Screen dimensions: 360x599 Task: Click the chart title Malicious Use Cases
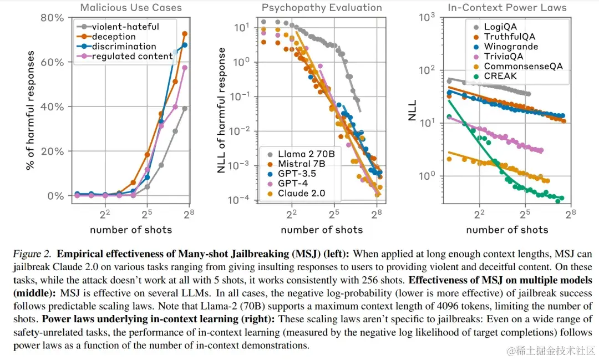131,8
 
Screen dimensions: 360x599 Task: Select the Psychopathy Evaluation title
322,8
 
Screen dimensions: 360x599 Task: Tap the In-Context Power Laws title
507,8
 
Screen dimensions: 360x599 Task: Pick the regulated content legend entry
132,56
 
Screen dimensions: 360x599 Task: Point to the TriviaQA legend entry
503,56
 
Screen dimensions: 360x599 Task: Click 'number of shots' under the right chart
507,230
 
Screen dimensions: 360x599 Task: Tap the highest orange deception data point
185,34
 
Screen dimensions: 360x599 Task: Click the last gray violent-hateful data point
185,109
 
